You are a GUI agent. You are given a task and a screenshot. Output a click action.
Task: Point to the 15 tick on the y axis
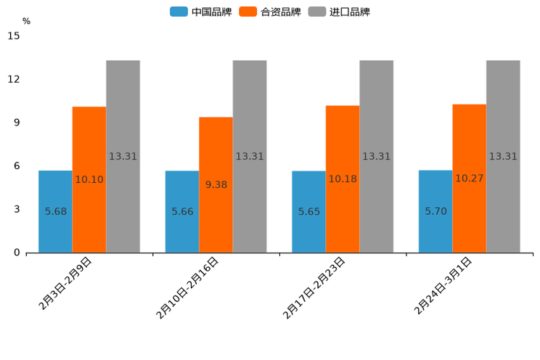click(13, 36)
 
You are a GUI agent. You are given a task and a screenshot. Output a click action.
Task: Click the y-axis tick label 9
click(17, 123)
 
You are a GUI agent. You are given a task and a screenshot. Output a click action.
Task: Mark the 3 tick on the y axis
click(17, 209)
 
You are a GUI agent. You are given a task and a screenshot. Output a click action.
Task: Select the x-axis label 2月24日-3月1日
click(443, 285)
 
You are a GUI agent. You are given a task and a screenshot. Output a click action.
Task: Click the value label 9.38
click(216, 185)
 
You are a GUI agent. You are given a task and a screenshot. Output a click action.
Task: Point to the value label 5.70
click(436, 211)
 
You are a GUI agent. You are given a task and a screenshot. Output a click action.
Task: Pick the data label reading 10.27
click(469, 179)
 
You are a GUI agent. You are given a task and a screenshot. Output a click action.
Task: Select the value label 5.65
click(309, 212)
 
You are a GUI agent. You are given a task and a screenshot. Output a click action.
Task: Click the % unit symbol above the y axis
click(26, 22)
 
